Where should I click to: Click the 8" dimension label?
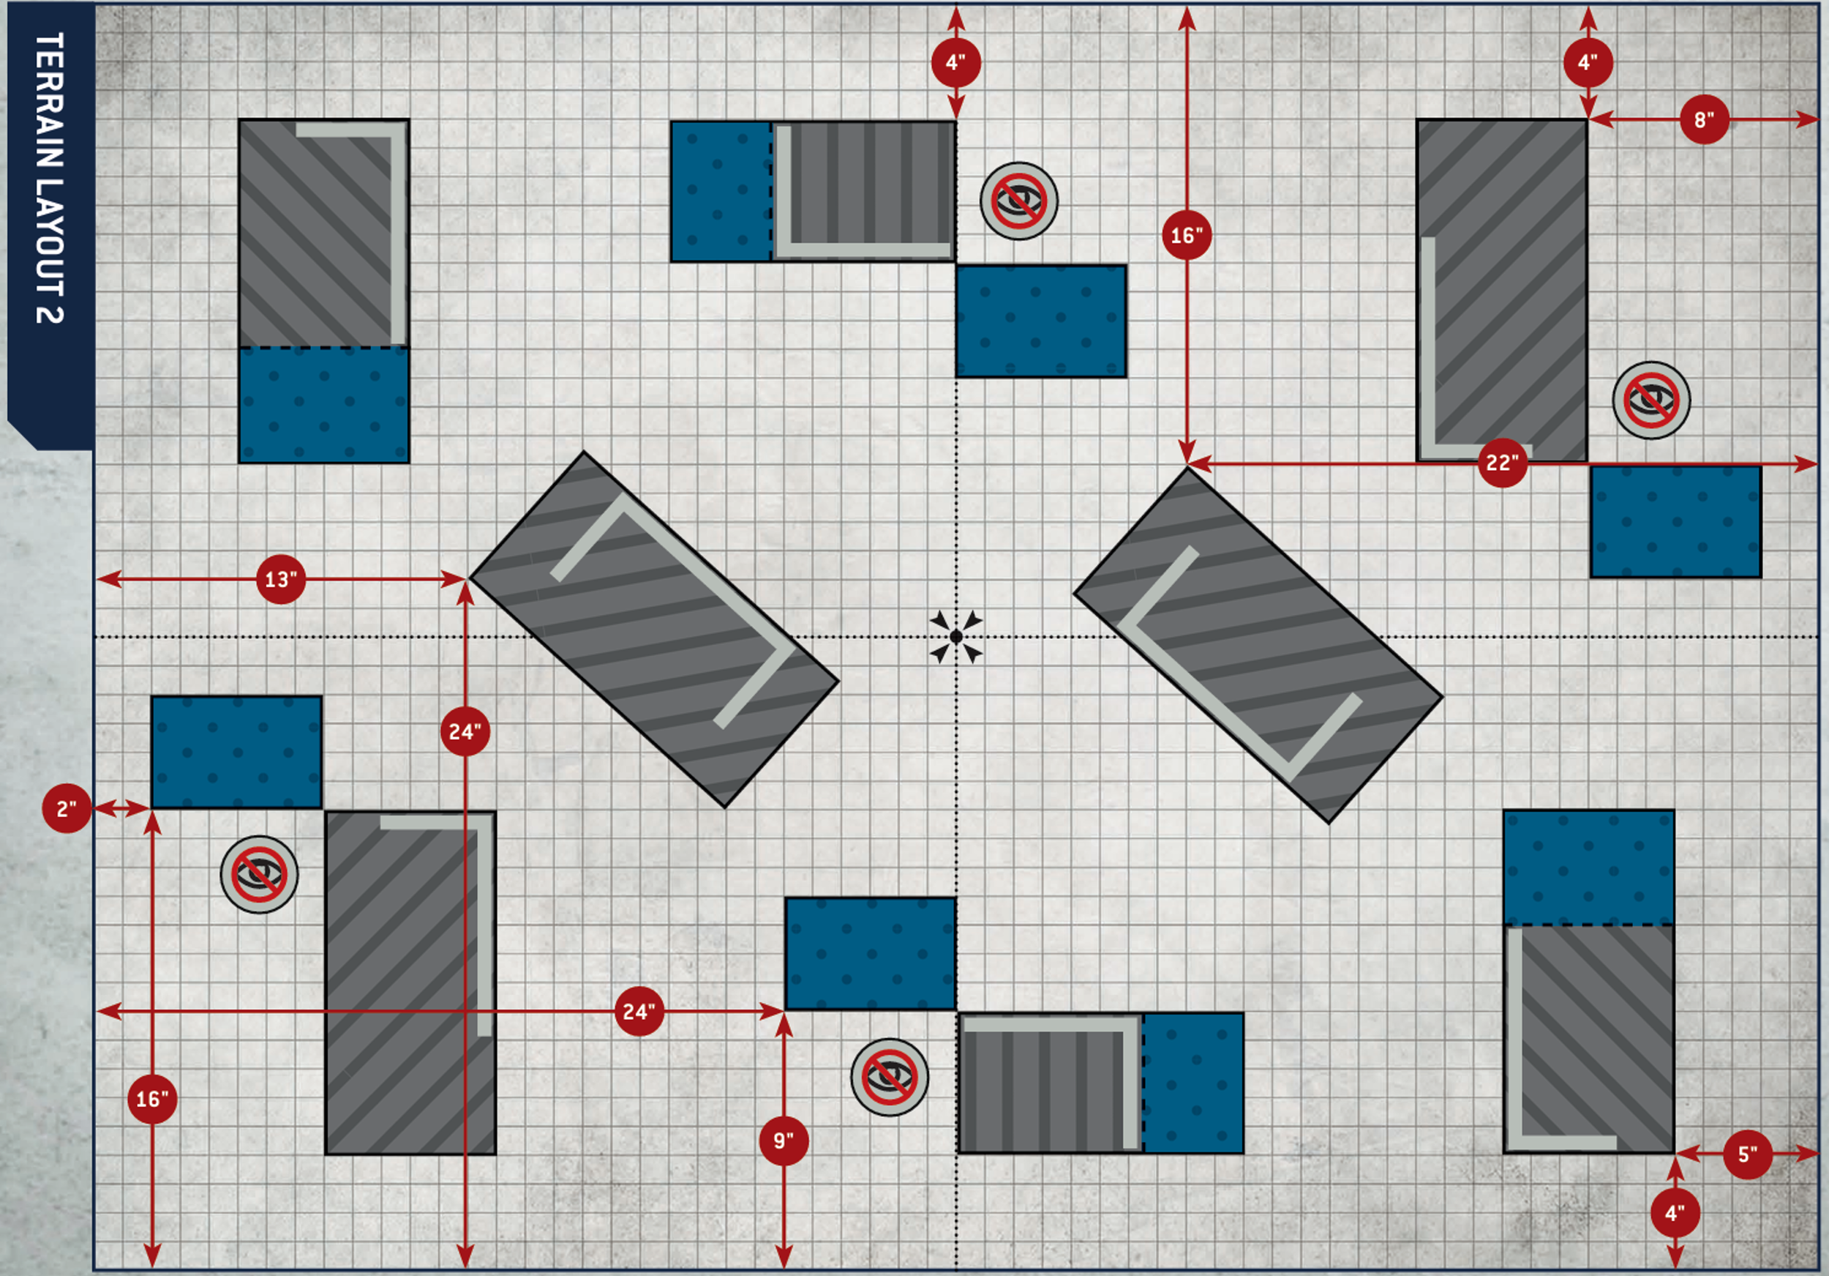click(1704, 120)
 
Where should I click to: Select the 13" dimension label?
click(280, 579)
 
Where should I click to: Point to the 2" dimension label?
click(66, 809)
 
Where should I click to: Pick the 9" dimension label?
click(784, 1141)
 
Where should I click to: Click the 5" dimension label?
click(1748, 1154)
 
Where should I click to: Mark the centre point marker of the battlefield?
click(956, 637)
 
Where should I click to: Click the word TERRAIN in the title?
click(50, 100)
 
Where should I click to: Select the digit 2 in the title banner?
click(50, 312)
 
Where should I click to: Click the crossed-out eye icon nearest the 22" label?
click(1651, 400)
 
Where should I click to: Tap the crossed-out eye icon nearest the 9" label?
click(890, 1077)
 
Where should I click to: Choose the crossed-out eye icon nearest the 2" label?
click(259, 874)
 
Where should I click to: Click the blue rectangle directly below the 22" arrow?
click(1675, 522)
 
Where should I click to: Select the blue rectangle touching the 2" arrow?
click(236, 753)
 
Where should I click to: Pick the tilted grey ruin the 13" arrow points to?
click(654, 630)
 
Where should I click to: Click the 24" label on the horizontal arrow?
click(639, 1012)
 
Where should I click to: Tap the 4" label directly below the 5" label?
click(1675, 1213)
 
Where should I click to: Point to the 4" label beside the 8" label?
click(1588, 62)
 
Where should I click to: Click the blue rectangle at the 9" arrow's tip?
click(870, 953)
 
